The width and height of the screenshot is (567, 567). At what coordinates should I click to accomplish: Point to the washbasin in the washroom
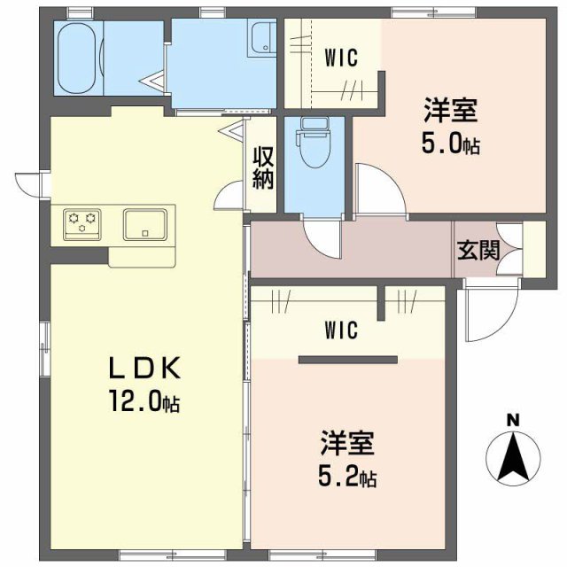pyautogui.click(x=264, y=39)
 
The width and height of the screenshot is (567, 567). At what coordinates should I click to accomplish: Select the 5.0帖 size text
pyautogui.click(x=451, y=144)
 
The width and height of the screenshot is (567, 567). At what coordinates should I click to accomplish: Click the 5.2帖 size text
pyautogui.click(x=347, y=478)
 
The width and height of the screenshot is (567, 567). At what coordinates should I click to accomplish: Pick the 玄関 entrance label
pyautogui.click(x=478, y=251)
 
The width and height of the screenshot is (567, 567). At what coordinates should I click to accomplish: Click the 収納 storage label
pyautogui.click(x=264, y=167)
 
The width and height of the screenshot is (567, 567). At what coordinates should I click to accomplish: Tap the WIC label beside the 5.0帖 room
pyautogui.click(x=340, y=58)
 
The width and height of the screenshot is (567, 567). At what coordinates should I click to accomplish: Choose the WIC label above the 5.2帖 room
pyautogui.click(x=340, y=331)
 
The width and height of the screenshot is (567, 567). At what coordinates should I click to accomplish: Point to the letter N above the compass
pyautogui.click(x=512, y=421)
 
